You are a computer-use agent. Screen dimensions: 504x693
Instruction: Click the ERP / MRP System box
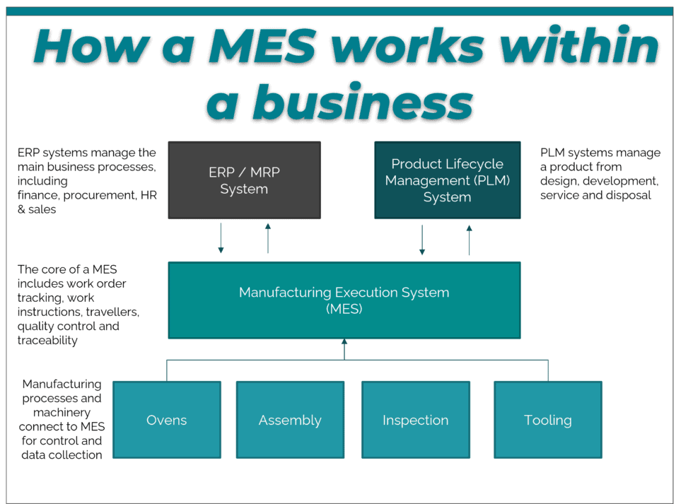[244, 180]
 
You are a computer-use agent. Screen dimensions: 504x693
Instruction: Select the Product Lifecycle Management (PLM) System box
[447, 180]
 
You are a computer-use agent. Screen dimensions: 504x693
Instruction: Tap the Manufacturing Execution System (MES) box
[344, 300]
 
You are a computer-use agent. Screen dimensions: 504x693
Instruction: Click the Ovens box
[167, 420]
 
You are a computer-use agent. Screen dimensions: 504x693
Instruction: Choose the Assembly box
[290, 420]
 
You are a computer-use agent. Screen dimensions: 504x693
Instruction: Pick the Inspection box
[415, 420]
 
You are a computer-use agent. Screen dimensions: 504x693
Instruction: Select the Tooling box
[547, 420]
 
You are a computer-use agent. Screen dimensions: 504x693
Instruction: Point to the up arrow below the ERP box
[268, 238]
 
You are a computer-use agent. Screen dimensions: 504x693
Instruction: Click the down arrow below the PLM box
[422, 240]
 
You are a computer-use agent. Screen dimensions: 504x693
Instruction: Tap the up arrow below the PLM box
[469, 240]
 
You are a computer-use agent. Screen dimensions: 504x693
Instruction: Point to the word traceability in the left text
[47, 341]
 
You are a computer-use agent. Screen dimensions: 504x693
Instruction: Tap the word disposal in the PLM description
[628, 195]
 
